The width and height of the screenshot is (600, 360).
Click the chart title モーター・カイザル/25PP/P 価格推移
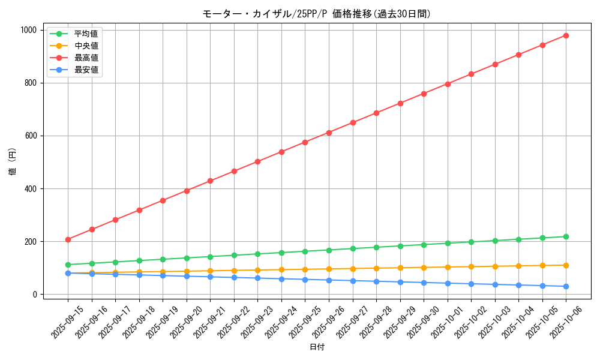316,14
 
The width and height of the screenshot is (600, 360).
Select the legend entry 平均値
86,34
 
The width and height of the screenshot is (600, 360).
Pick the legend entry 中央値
86,46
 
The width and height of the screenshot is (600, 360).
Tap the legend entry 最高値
86,58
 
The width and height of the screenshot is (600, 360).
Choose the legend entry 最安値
86,70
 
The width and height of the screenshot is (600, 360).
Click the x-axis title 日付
317,347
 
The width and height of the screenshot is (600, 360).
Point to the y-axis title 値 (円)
12,162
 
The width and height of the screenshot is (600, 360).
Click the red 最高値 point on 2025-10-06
566,35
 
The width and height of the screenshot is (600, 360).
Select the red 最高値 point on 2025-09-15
68,239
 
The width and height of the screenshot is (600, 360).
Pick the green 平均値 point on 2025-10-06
566,236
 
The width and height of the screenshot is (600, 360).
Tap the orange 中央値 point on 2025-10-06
566,265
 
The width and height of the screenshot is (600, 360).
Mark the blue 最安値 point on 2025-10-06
566,286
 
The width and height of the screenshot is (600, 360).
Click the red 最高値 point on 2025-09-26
329,133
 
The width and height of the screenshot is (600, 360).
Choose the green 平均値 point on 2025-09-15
68,265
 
